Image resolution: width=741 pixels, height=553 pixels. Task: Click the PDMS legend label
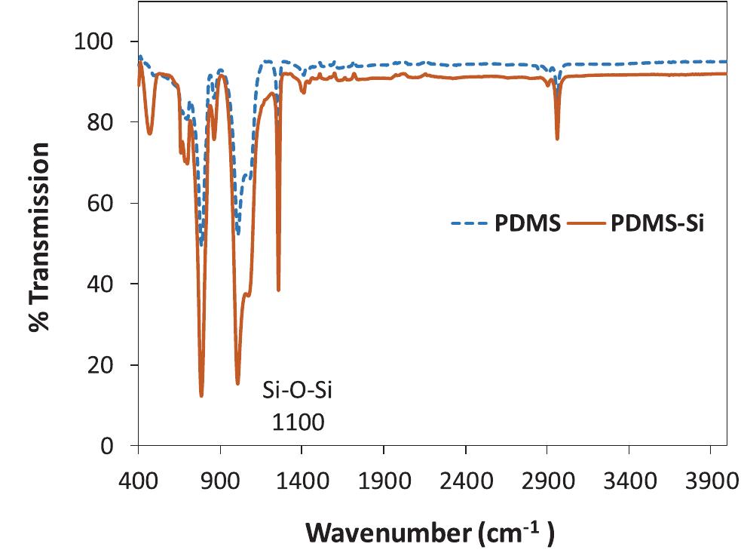point(526,225)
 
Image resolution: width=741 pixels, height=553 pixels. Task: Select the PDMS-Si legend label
point(657,225)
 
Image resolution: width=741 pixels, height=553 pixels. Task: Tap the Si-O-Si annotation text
point(297,392)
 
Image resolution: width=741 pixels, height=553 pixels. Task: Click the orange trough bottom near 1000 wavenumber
point(237,383)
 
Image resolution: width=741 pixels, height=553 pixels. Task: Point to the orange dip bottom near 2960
point(557,139)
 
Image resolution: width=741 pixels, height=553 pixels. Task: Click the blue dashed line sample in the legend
point(470,225)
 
